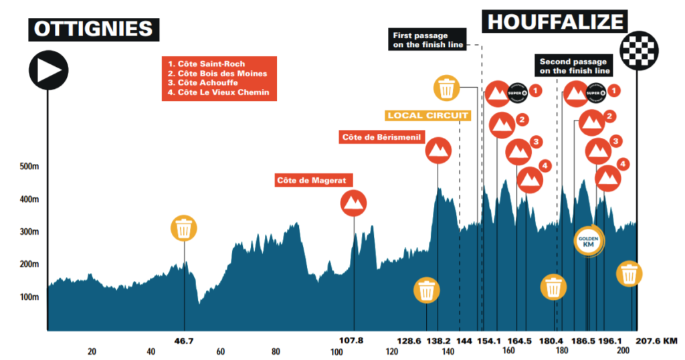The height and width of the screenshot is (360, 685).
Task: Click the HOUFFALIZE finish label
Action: point(555,21)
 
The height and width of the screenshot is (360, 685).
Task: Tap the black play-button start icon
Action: point(47,69)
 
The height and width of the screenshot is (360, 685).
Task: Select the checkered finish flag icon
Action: point(639,48)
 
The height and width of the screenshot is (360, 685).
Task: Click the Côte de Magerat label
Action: point(314,181)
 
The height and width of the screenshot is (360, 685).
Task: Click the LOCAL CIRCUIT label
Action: point(427,115)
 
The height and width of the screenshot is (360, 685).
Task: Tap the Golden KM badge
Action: point(589,240)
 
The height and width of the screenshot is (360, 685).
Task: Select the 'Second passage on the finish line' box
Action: point(575,66)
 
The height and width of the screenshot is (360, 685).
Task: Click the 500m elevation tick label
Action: point(26,167)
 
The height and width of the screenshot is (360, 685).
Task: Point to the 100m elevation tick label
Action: point(26,297)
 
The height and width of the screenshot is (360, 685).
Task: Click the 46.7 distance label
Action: point(184,341)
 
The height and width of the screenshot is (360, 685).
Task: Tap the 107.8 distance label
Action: point(352,341)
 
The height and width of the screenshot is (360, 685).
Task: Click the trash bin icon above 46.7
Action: point(184,228)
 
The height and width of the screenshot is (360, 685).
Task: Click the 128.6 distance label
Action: point(409,341)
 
